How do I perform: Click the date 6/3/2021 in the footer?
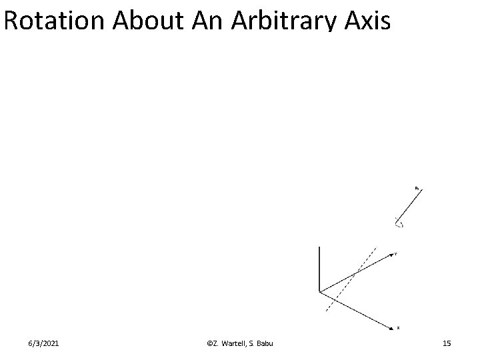(x=43, y=343)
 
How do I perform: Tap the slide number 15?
(x=447, y=343)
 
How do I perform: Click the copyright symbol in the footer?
(x=210, y=343)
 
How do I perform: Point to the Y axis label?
(x=396, y=254)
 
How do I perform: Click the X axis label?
(x=399, y=328)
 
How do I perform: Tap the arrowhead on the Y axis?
(x=391, y=255)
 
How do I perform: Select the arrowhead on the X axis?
(x=391, y=327)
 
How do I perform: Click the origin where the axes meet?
(x=321, y=291)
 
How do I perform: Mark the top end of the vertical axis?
(x=320, y=247)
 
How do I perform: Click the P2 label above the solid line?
(x=417, y=188)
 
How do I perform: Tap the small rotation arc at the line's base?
(x=399, y=225)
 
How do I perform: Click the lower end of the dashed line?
(x=325, y=311)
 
